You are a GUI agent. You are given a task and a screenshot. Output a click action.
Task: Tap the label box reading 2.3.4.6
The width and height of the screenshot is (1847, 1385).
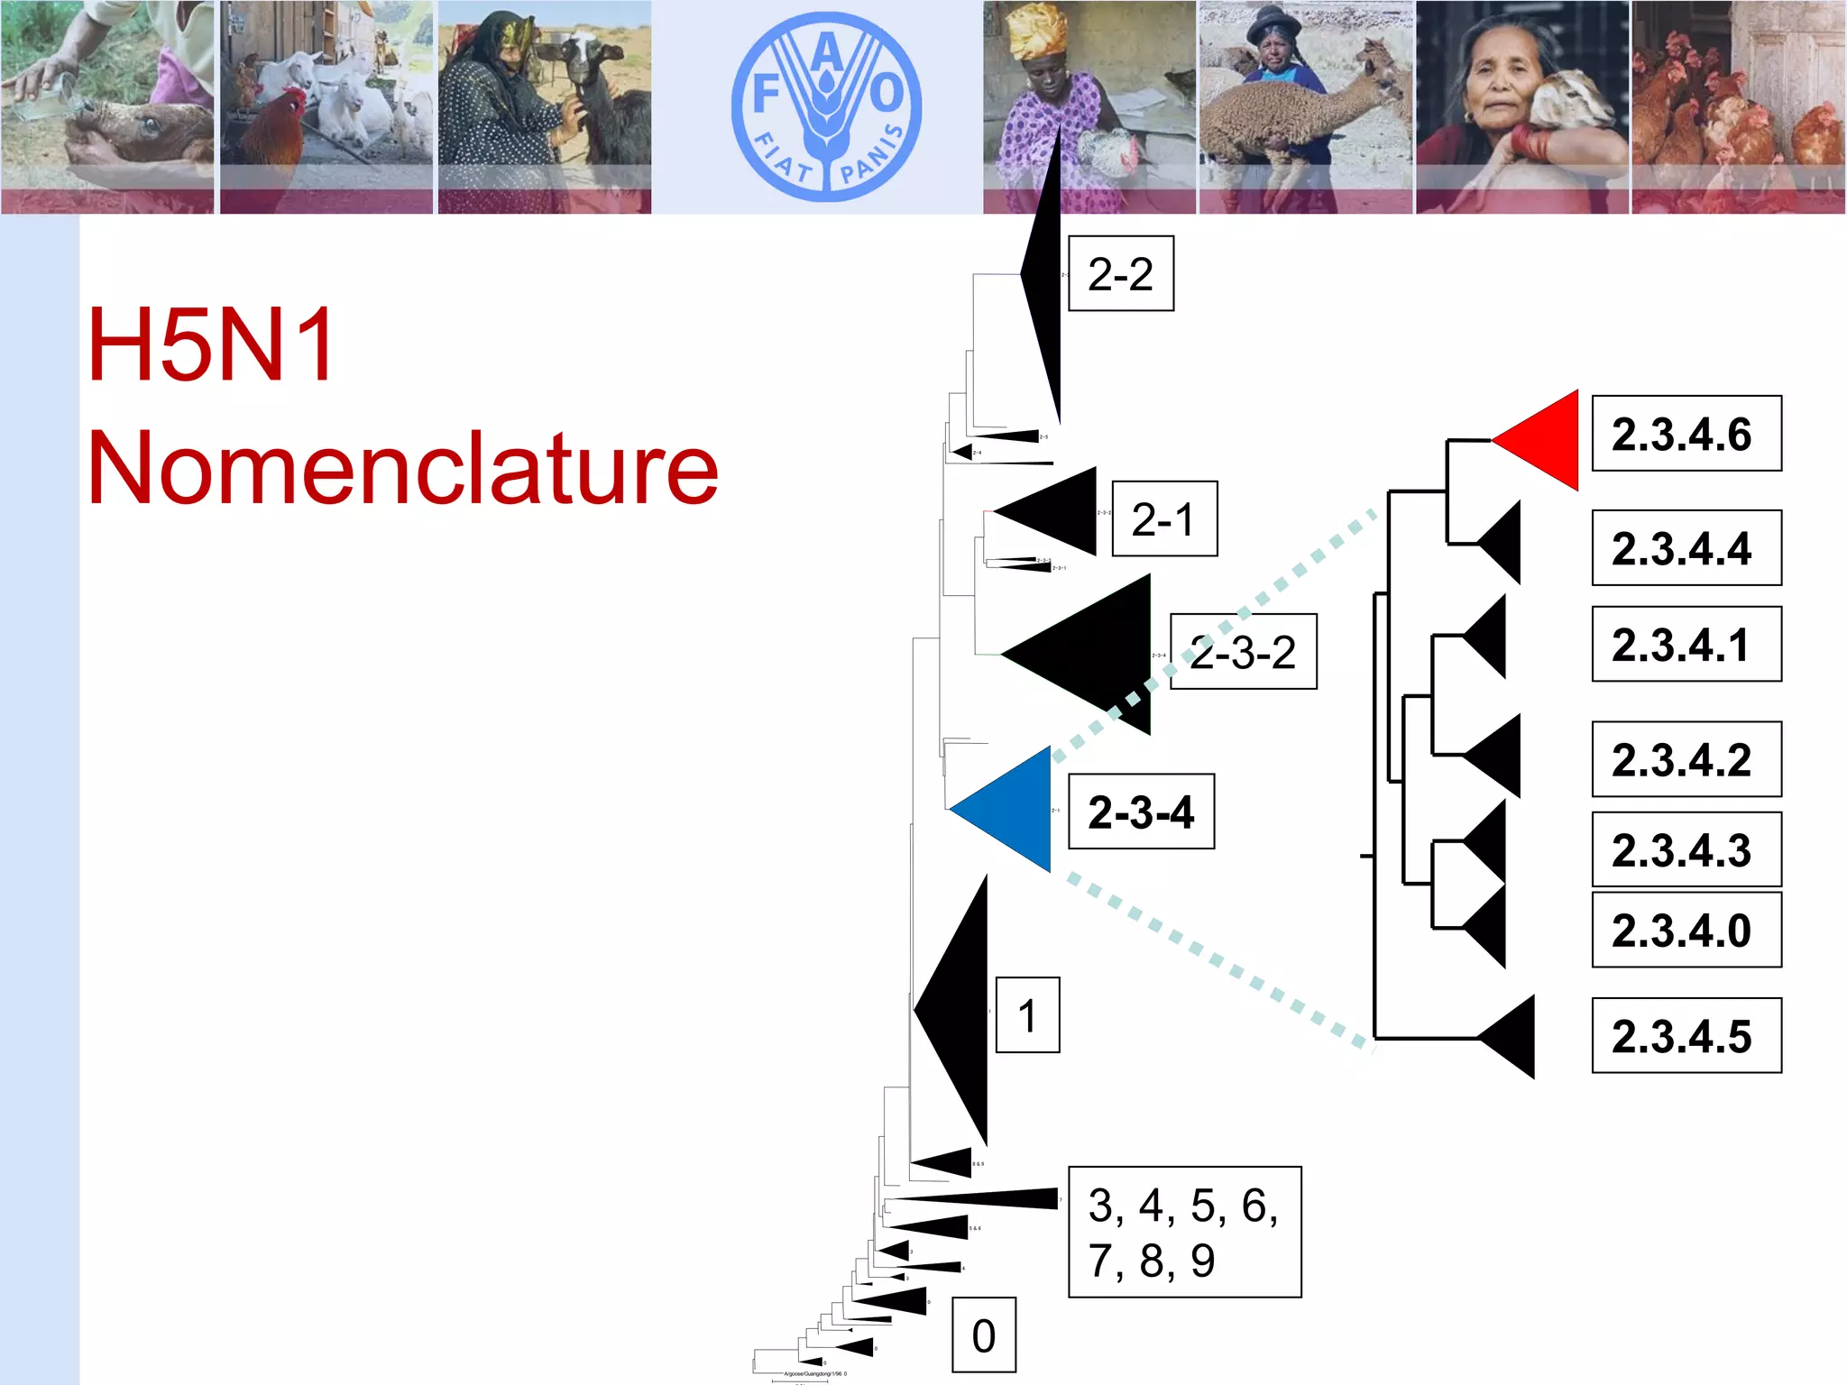(1686, 434)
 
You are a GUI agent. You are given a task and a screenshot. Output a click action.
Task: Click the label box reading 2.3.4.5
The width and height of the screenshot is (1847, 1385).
(1686, 1035)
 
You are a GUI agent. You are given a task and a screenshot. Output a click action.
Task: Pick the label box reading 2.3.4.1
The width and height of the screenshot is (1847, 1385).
(1686, 644)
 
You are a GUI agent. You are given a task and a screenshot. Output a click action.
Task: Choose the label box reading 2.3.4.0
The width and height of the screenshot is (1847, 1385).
(1686, 930)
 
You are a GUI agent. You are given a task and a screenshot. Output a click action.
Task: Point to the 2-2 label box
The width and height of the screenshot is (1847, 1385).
(1120, 273)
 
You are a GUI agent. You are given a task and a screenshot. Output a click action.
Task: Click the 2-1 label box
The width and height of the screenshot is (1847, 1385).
(1163, 518)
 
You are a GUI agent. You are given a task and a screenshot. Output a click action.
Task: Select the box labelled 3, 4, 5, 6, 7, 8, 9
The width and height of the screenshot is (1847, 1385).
(1184, 1232)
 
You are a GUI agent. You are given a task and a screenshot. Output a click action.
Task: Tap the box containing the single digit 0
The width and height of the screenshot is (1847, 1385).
(984, 1335)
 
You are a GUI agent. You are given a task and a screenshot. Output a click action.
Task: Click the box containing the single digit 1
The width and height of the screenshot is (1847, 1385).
(1027, 1014)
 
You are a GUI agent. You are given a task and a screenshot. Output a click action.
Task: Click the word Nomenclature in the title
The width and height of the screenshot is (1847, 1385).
(402, 468)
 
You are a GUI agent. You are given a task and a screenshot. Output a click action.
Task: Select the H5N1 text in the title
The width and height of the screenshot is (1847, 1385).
(212, 344)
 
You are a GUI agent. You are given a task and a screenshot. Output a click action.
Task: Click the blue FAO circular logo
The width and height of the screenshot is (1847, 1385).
(826, 106)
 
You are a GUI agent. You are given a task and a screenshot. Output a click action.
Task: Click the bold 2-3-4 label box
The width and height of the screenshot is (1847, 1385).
(1141, 812)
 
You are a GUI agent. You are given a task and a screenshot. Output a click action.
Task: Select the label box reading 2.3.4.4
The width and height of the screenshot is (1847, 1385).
(1686, 547)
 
